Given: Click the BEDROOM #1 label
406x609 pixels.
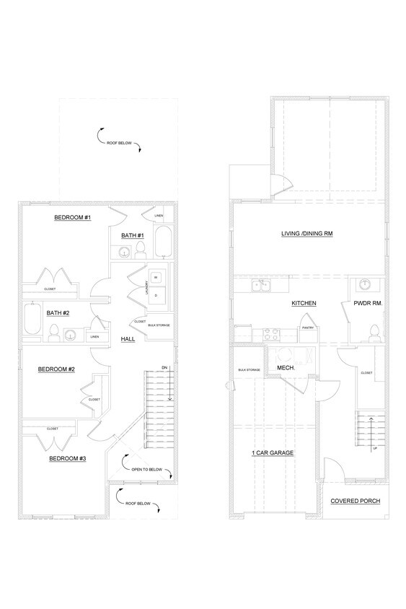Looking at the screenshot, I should (x=72, y=217).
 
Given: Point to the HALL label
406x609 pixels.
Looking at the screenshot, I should (x=128, y=338).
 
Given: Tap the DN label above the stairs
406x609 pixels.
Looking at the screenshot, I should (x=164, y=367).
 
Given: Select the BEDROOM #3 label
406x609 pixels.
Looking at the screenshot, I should (x=68, y=458).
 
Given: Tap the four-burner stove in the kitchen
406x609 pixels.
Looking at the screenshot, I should (x=273, y=334).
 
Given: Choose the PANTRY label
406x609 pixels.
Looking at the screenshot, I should (x=307, y=327).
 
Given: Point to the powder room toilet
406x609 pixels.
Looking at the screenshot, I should (x=373, y=333).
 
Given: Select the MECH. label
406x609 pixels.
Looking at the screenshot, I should (x=284, y=367).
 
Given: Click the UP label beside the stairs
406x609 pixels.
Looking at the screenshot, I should (x=374, y=447).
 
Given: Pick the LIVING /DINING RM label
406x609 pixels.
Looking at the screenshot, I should (x=309, y=234).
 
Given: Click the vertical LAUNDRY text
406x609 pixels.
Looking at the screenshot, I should (x=148, y=287).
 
